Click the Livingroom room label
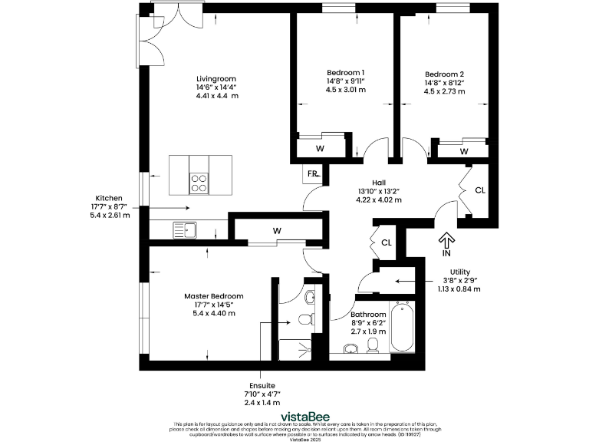click(216, 79)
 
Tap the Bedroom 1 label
click(345, 73)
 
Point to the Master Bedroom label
click(213, 295)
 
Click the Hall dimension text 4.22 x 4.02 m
click(378, 200)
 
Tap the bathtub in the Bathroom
click(402, 328)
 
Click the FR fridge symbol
click(313, 174)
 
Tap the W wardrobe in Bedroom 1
click(320, 148)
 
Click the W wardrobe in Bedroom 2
click(463, 152)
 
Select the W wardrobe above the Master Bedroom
click(275, 230)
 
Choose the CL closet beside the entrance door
click(479, 190)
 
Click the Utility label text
click(460, 272)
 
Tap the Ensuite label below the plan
click(262, 385)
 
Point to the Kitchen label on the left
click(109, 198)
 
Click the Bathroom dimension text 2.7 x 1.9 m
click(368, 332)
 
